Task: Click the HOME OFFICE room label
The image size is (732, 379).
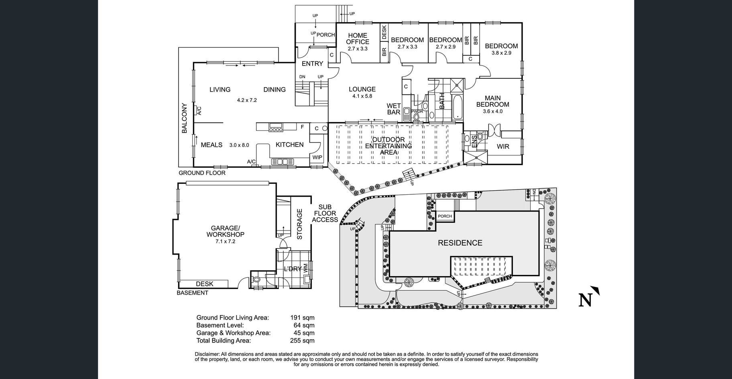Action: [x=358, y=39]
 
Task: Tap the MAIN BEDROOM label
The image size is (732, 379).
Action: [x=492, y=101]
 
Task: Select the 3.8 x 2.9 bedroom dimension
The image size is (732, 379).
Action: [x=501, y=53]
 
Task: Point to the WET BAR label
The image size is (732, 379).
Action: [x=394, y=109]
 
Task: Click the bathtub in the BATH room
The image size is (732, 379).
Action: [x=458, y=107]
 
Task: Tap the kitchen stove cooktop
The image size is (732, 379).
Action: [x=276, y=128]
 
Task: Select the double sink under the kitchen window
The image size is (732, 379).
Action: [x=283, y=162]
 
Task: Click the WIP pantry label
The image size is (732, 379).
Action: [x=317, y=157]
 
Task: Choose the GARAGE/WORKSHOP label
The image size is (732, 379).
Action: [x=225, y=231]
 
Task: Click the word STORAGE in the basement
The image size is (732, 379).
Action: [x=299, y=224]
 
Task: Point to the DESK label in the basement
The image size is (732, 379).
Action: [x=205, y=284]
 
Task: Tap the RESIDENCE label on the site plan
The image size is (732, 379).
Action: [x=460, y=243]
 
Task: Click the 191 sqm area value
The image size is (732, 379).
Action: [x=302, y=318]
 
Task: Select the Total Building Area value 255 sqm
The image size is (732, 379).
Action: [x=302, y=340]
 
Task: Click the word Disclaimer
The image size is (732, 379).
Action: [x=207, y=354]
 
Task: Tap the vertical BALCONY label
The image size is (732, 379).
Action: [x=185, y=118]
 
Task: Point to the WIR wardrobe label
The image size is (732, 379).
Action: [x=503, y=147]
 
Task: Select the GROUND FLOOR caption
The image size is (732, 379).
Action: [x=202, y=173]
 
